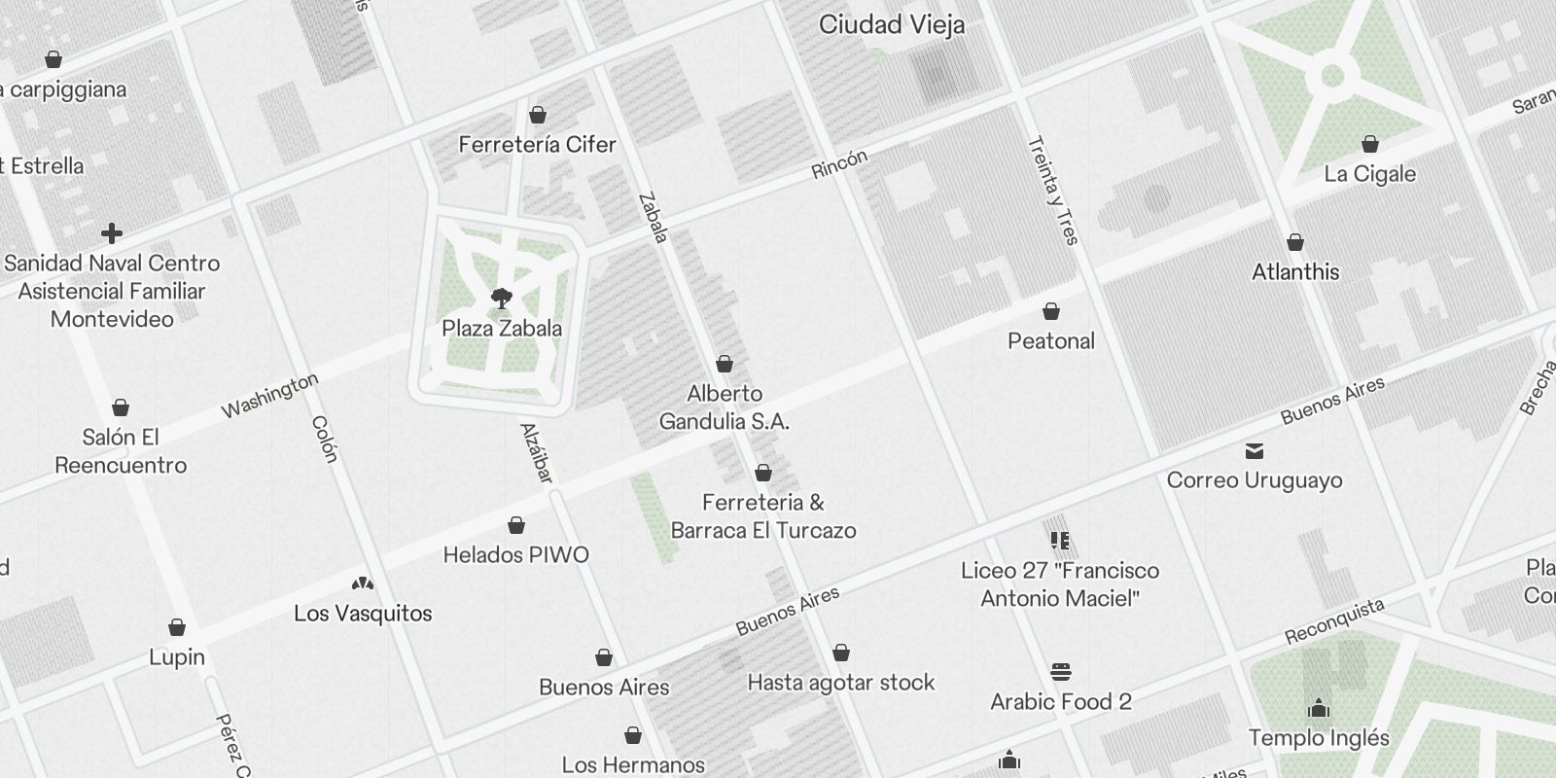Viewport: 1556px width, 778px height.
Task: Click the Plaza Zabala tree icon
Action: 502,299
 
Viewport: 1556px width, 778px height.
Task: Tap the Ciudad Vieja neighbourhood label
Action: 892,25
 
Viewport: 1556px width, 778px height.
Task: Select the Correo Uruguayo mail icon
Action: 1255,451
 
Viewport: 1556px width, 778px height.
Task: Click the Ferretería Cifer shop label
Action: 537,145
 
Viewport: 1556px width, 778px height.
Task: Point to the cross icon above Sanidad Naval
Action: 112,233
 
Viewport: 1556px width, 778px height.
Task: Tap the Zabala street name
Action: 653,218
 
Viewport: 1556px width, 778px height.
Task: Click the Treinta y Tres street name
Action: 1052,190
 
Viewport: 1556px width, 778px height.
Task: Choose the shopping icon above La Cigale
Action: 1369,145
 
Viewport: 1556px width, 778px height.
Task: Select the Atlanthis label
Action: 1295,272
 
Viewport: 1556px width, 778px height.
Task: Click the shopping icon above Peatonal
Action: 1050,312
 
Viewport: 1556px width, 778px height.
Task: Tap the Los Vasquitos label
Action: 363,614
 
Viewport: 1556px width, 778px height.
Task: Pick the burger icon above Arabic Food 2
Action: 1060,672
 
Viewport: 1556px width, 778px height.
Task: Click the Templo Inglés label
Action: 1319,738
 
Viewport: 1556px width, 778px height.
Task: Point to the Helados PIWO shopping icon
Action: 516,526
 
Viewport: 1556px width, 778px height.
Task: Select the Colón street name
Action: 325,440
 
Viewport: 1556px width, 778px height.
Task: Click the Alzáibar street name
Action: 537,453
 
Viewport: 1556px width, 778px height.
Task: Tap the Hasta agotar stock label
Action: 840,683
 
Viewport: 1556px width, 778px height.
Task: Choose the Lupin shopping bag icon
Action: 177,628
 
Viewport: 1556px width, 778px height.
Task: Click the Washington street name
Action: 269,395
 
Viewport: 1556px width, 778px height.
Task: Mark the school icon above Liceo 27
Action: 1060,541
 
